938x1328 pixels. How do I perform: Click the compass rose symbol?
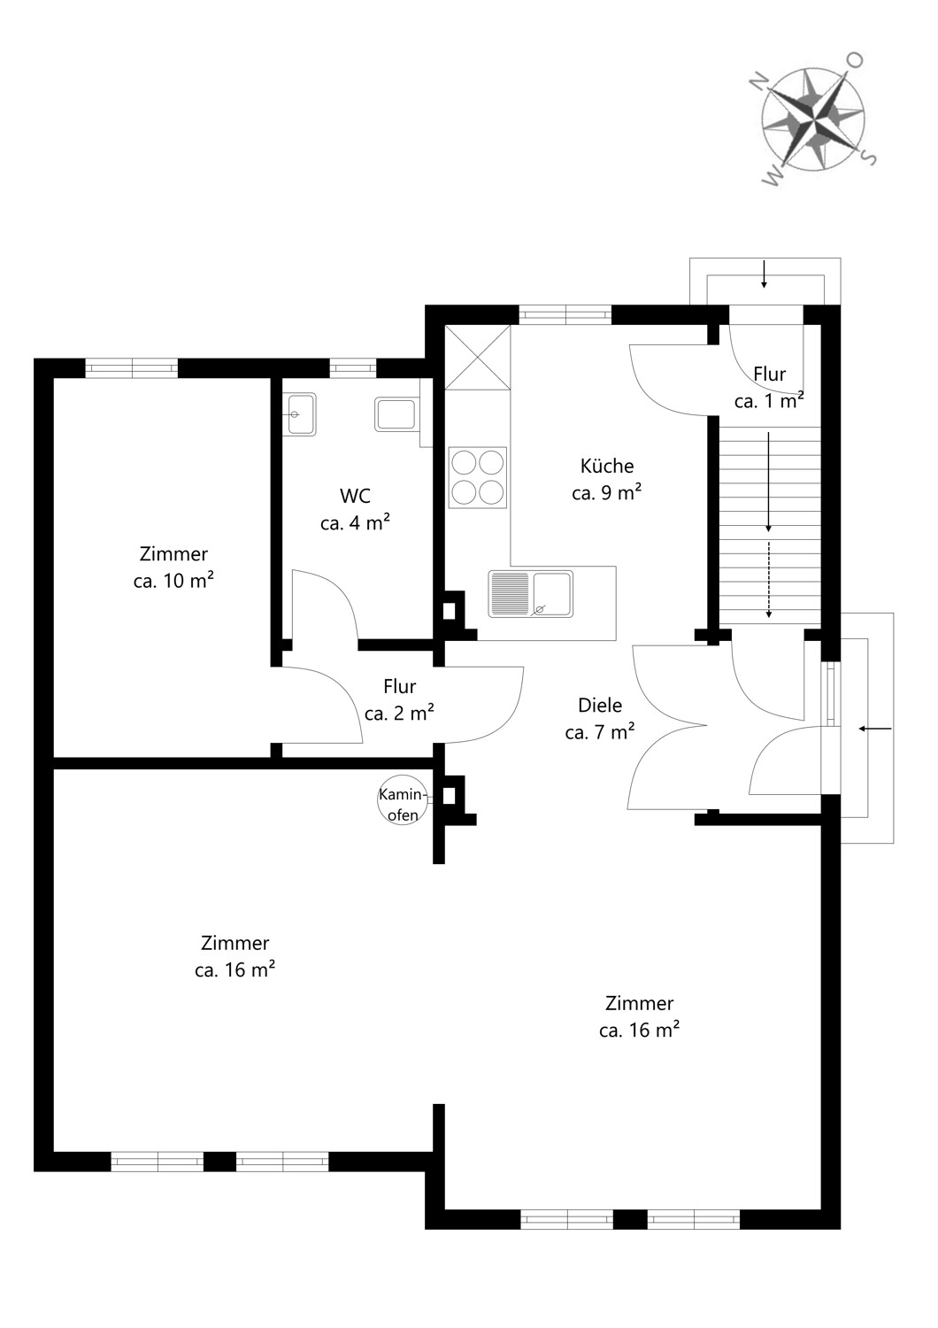[x=813, y=119]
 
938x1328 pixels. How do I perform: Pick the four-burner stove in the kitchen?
[x=478, y=478]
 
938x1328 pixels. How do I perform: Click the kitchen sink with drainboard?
[x=531, y=593]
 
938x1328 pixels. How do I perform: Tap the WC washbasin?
[x=299, y=414]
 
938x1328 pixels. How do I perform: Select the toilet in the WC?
[x=396, y=414]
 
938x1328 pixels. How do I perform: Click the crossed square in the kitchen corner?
[x=477, y=357]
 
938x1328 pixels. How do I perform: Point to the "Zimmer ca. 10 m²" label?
[x=173, y=567]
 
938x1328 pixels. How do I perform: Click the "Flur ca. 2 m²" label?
[x=399, y=699]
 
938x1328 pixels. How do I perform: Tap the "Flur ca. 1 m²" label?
[x=769, y=387]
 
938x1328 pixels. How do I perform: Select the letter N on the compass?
[x=760, y=81]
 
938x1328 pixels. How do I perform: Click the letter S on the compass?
[x=869, y=157]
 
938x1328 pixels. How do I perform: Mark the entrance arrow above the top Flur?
[x=765, y=274]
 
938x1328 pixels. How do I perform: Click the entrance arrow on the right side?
[x=875, y=728]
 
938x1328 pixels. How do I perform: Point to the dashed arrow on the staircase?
[x=769, y=579]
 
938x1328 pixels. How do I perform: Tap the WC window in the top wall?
[x=352, y=368]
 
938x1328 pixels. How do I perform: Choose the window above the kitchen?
[x=565, y=314]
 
